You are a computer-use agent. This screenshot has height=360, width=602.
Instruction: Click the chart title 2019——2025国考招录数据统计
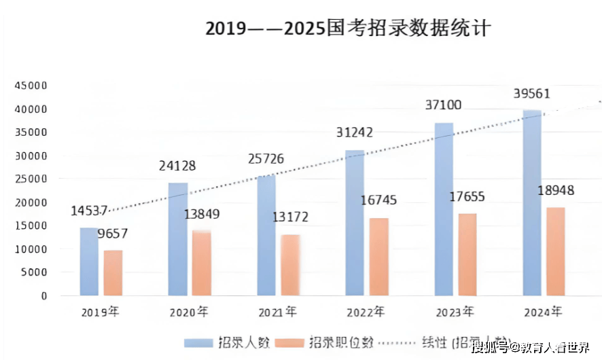tap(347, 29)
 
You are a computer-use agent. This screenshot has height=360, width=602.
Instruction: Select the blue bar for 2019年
tap(89, 262)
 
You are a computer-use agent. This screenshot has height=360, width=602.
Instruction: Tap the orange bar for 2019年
tap(113, 273)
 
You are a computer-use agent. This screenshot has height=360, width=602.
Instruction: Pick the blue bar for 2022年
tap(355, 223)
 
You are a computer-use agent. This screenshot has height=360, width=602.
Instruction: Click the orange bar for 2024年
tap(555, 251)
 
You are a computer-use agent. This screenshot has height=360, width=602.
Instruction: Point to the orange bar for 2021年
tap(290, 265)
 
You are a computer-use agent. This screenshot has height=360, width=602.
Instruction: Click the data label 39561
tap(532, 94)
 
